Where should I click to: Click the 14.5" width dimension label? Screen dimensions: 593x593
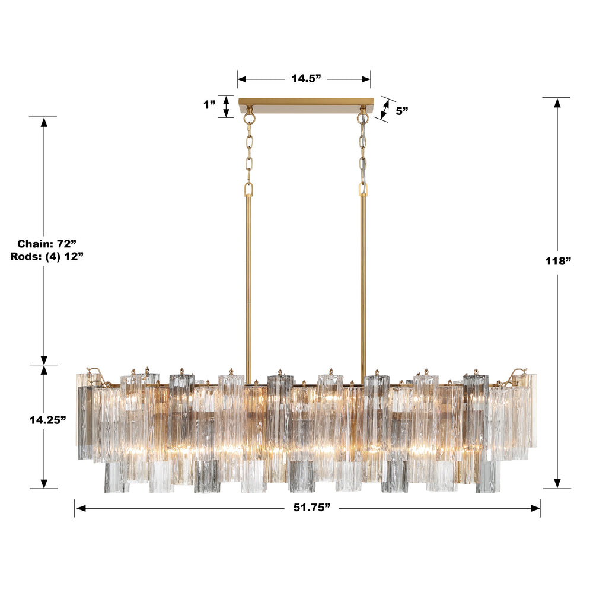[x=305, y=78]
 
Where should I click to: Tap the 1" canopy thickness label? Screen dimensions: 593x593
[x=209, y=105]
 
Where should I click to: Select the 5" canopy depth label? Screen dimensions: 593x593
[x=401, y=110]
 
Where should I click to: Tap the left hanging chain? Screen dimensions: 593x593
[x=249, y=151]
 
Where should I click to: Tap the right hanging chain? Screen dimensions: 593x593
[x=362, y=151]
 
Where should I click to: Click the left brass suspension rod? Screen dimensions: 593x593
[x=249, y=273]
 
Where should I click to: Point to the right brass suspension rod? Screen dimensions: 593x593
[x=363, y=273]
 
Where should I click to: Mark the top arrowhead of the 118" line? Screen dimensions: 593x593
[x=557, y=102]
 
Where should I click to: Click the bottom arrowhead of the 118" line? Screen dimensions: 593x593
[x=557, y=483]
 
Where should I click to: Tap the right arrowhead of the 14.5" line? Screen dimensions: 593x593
[x=366, y=78]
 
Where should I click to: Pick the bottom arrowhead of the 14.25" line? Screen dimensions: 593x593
[x=44, y=483]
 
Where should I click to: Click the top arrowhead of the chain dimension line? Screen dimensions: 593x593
[x=44, y=122]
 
